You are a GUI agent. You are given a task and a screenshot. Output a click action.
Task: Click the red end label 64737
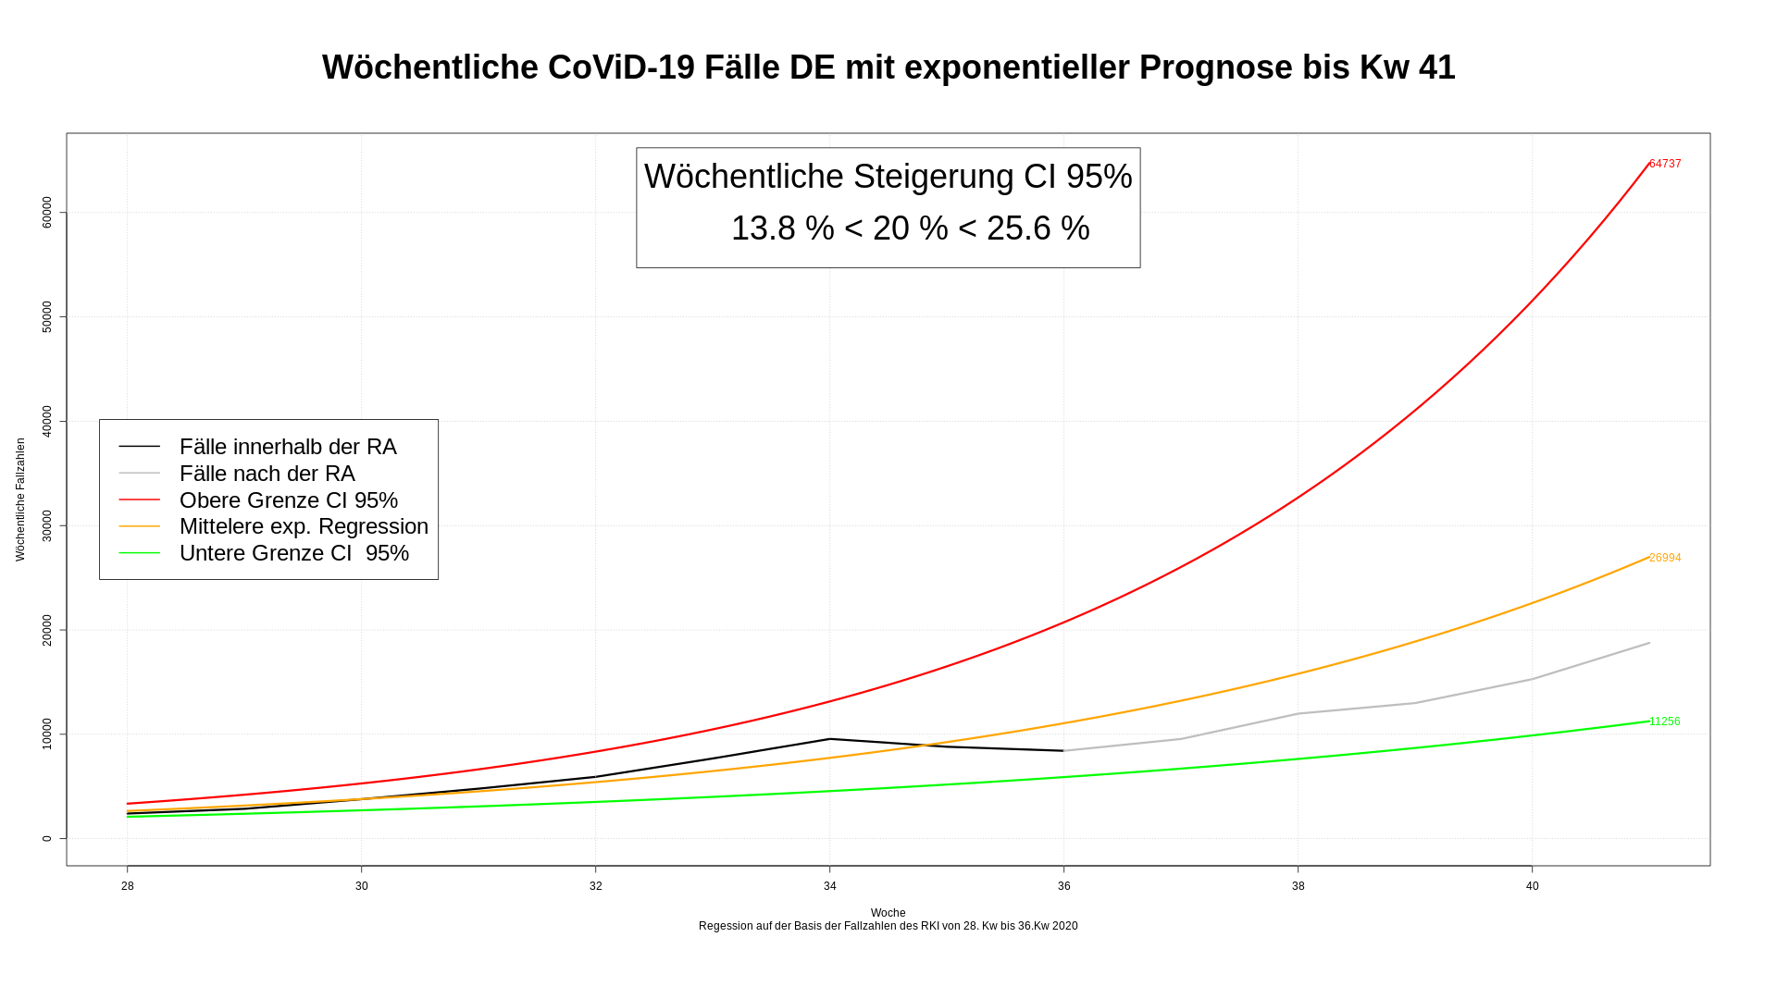pyautogui.click(x=1665, y=164)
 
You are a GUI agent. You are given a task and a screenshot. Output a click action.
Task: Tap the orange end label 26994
pyautogui.click(x=1665, y=558)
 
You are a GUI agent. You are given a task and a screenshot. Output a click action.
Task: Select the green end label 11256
pyautogui.click(x=1665, y=721)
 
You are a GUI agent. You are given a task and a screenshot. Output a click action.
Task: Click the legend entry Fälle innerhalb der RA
pyautogui.click(x=288, y=447)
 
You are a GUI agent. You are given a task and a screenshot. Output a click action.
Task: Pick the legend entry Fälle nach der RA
pyautogui.click(x=267, y=474)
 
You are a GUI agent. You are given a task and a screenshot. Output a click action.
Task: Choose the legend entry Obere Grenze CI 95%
pyautogui.click(x=288, y=500)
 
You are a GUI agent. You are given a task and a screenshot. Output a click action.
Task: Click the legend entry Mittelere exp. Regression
pyautogui.click(x=304, y=526)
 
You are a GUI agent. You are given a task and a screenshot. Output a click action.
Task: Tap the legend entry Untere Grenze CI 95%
pyautogui.click(x=293, y=553)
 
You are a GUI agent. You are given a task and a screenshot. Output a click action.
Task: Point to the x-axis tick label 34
pyautogui.click(x=830, y=886)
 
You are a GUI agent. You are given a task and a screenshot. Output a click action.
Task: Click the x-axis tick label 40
pyautogui.click(x=1533, y=886)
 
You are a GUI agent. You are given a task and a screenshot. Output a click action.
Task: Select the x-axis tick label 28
pyautogui.click(x=128, y=886)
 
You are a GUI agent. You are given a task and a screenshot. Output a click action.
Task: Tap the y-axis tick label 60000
pyautogui.click(x=47, y=213)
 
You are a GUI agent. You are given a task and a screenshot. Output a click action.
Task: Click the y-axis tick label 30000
pyautogui.click(x=47, y=525)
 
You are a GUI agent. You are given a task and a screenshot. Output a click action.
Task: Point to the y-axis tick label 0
pyautogui.click(x=47, y=838)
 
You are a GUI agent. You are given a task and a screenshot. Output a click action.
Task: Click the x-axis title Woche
pyautogui.click(x=888, y=913)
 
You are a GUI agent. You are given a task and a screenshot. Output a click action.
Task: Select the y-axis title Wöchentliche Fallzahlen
pyautogui.click(x=20, y=499)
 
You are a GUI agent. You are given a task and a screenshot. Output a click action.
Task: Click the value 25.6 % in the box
pyautogui.click(x=1038, y=228)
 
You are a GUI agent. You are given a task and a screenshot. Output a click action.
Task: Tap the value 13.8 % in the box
pyautogui.click(x=782, y=228)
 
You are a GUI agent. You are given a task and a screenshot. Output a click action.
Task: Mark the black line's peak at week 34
pyautogui.click(x=830, y=739)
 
